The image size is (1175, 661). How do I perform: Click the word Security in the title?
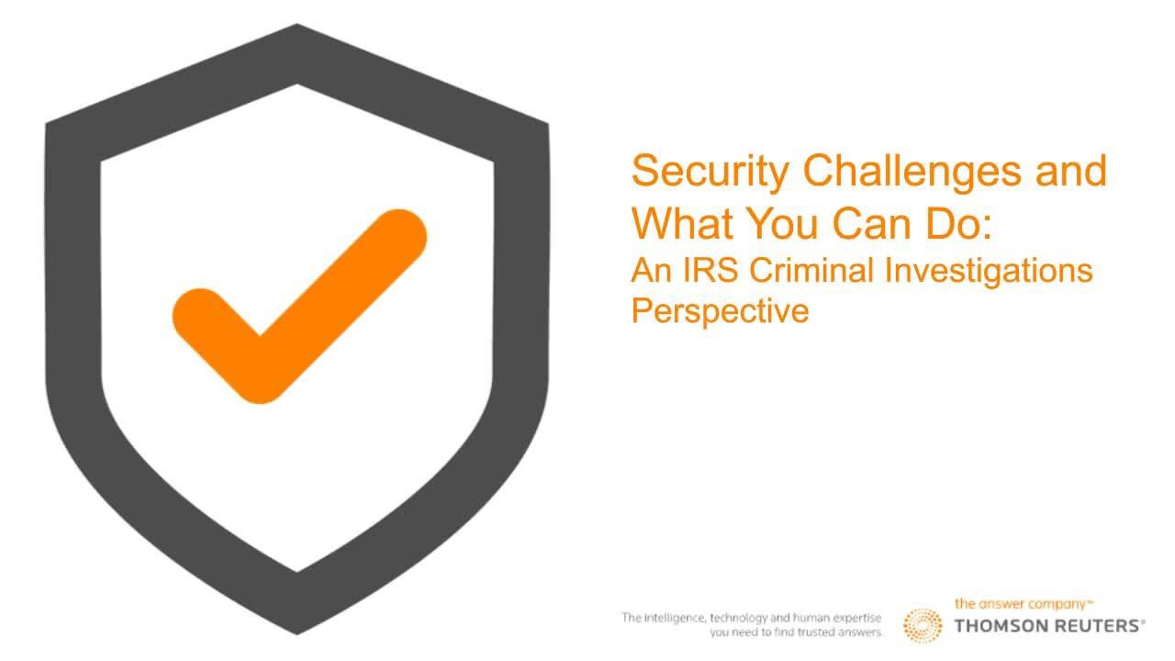(x=711, y=173)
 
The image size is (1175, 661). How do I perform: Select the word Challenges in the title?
(x=912, y=173)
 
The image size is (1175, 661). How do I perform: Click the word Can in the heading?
(x=871, y=223)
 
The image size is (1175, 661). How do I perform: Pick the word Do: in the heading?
(x=958, y=223)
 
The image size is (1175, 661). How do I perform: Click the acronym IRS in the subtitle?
(x=711, y=271)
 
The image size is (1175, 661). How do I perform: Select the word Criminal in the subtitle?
(x=811, y=271)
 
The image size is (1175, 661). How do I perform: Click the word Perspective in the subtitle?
(x=720, y=312)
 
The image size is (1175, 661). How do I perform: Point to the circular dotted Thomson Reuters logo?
(x=923, y=625)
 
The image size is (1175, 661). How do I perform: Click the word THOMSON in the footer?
(x=1000, y=626)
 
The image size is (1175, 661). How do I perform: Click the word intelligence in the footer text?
(x=674, y=618)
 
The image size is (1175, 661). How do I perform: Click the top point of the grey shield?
(x=297, y=24)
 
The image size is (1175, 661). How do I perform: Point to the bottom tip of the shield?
(x=297, y=634)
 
